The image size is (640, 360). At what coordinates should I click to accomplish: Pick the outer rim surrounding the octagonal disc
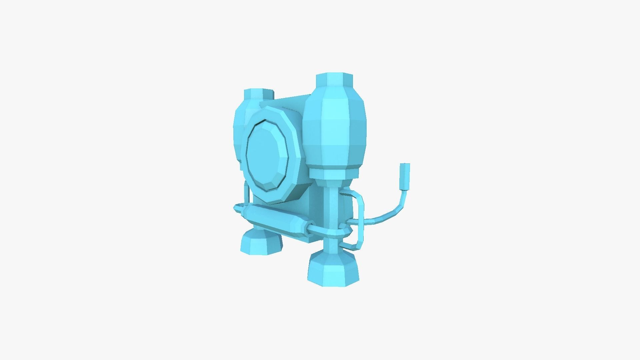[293, 140]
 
